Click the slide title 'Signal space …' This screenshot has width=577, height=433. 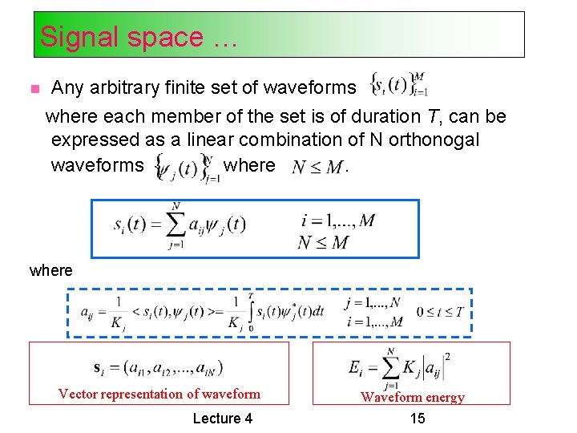pos(138,37)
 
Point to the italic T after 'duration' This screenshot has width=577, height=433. pos(432,116)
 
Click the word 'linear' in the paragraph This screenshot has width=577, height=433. pos(218,140)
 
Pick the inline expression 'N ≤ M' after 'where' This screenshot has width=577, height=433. pos(318,167)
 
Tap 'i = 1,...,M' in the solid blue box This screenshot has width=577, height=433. pos(337,220)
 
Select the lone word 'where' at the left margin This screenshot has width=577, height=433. pos(50,271)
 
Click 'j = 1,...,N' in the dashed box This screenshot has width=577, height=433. pos(372,303)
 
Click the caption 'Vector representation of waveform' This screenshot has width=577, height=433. pos(159,394)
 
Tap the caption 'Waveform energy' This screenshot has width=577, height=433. pos(412,397)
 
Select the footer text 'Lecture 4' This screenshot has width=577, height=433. pos(223,418)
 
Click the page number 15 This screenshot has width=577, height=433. pos(417,418)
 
